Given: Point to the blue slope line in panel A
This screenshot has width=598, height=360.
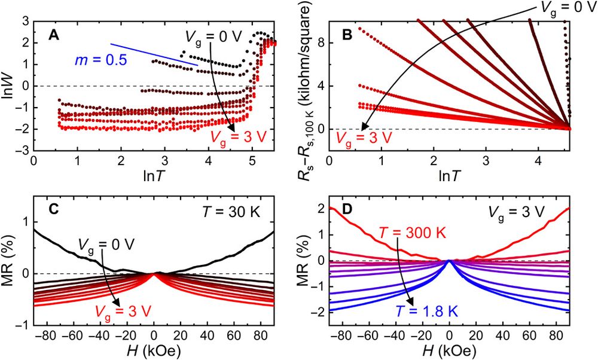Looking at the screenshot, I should click(154, 54).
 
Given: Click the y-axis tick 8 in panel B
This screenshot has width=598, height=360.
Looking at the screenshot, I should click(319, 43).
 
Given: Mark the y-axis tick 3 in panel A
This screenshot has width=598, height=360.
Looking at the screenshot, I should click(25, 22).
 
